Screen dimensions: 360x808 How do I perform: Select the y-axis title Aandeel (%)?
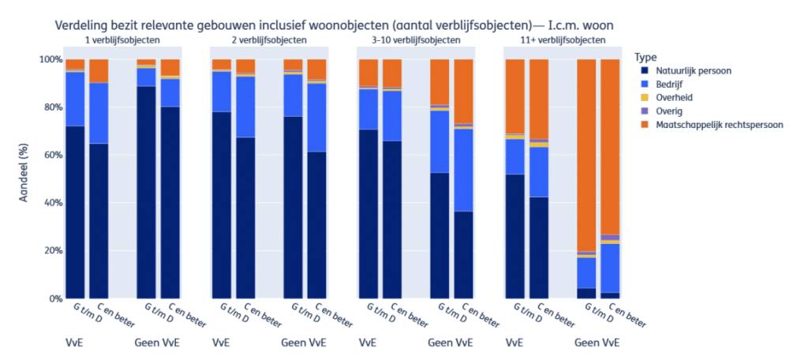pos(23,179)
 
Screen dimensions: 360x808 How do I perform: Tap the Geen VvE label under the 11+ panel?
pos(597,343)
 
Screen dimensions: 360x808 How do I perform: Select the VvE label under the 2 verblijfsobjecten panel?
pos(222,343)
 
